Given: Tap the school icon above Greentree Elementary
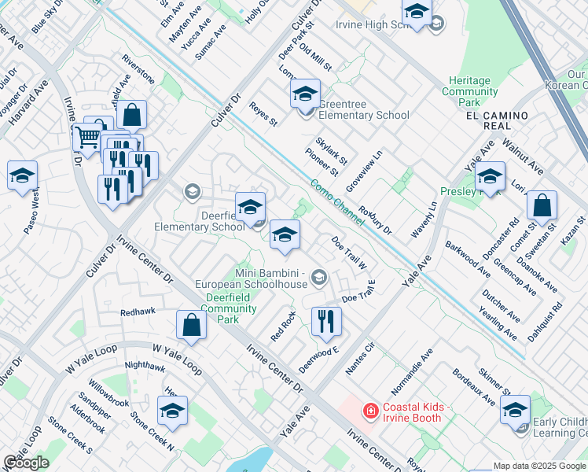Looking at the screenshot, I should click(x=304, y=95).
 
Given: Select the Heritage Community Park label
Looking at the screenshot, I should click(x=470, y=91).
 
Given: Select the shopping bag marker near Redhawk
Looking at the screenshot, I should click(x=191, y=323).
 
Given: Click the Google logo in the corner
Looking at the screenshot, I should click(x=26, y=463).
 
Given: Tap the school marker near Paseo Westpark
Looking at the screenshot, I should click(x=23, y=176).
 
